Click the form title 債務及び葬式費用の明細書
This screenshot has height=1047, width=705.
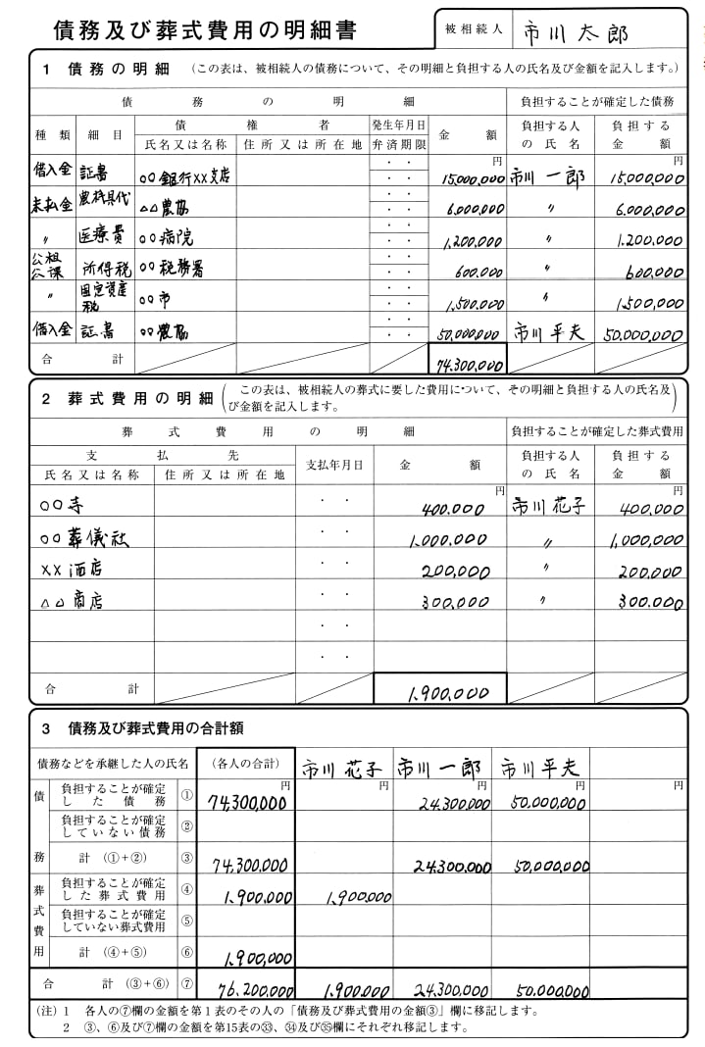(205, 30)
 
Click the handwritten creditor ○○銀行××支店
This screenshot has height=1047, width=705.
(185, 176)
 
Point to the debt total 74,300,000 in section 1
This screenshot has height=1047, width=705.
(468, 365)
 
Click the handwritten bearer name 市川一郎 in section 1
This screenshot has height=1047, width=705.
(547, 177)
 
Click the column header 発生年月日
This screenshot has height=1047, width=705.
(399, 125)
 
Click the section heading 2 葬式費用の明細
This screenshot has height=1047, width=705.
(126, 399)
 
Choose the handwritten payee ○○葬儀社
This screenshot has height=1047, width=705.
(84, 538)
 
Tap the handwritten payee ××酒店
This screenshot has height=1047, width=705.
(72, 569)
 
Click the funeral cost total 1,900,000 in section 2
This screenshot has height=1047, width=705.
(446, 693)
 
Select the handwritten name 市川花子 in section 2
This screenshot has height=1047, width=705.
(549, 507)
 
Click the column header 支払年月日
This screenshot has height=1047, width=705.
(334, 465)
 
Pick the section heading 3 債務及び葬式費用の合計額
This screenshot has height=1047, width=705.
(143, 728)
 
